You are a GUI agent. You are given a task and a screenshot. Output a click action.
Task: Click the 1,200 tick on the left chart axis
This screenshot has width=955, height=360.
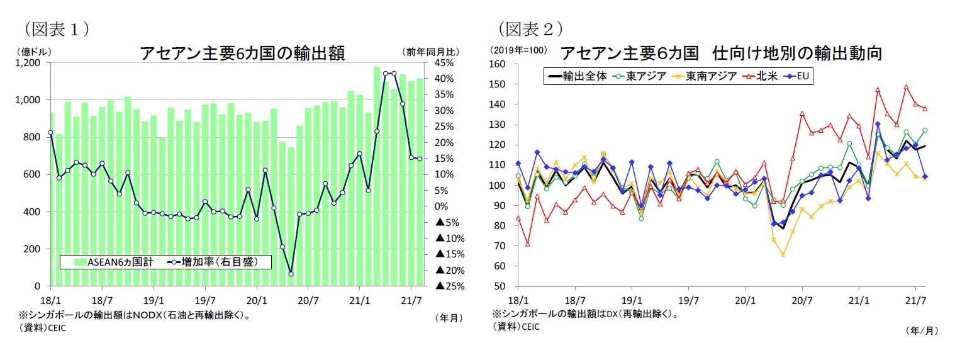point(29,64)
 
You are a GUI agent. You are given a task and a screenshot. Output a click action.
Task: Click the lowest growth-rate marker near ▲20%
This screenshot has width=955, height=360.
point(291,274)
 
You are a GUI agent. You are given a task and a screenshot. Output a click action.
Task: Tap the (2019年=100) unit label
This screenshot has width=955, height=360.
point(519,50)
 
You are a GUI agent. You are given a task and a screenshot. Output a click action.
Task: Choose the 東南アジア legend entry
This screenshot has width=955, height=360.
point(708,76)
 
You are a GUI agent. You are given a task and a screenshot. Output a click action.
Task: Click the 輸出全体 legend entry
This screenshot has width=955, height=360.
point(579,76)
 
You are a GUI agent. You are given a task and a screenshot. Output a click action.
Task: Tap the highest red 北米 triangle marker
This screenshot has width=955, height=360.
point(906,87)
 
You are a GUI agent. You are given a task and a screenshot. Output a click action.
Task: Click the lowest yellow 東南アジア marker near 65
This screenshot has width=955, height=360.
point(783,255)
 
